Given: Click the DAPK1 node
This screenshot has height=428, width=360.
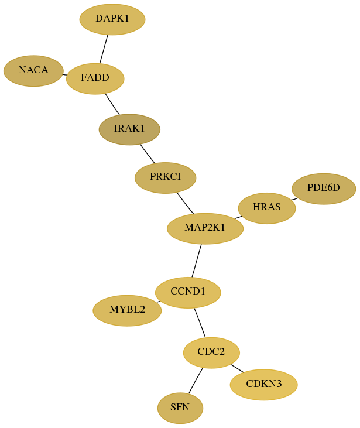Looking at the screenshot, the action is (112, 19).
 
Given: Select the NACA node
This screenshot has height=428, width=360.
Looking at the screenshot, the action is (33, 71).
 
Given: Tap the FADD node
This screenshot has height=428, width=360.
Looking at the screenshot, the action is (95, 78).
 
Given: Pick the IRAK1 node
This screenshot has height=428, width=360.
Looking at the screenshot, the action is (129, 129).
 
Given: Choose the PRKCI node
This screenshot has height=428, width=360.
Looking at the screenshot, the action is (166, 177).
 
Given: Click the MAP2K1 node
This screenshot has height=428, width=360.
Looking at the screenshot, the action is (205, 228).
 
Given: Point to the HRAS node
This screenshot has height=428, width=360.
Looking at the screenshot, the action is (267, 208).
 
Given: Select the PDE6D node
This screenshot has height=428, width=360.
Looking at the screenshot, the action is (324, 189).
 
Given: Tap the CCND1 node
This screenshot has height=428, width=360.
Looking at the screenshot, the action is (188, 293).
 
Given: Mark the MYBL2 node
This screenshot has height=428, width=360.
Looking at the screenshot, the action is (127, 311).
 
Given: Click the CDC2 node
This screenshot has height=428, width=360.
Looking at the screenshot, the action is (211, 352).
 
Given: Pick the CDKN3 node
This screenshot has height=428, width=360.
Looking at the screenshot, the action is (264, 385).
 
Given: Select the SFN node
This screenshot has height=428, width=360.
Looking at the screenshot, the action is (180, 408).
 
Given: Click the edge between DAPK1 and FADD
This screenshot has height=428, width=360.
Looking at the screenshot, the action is (104, 49).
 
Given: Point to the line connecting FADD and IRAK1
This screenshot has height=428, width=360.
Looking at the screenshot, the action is (112, 104).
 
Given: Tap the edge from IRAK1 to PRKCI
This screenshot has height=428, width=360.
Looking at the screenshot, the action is (148, 153).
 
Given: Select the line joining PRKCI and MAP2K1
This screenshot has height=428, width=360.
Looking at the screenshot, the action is (186, 203).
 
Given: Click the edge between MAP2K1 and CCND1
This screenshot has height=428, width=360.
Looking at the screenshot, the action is (197, 261).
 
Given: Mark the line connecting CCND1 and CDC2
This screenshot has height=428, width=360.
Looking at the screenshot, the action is (200, 323).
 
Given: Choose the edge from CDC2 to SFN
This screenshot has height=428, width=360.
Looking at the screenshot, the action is (196, 381).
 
